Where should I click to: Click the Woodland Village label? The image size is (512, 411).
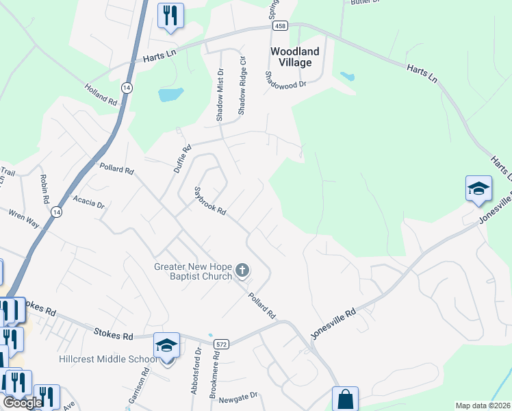(x=295, y=57)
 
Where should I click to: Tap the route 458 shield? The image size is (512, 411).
(x=280, y=25)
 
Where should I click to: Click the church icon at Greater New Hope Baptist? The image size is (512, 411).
(x=242, y=271)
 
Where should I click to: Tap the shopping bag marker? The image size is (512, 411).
(x=346, y=399)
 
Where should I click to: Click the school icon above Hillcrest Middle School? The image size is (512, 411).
(x=167, y=345)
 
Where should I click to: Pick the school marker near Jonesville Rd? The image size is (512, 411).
(x=478, y=188)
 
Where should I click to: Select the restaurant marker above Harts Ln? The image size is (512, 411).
(x=170, y=15)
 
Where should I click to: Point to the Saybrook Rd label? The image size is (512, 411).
(x=210, y=201)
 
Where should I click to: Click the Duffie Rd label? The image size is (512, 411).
(x=181, y=158)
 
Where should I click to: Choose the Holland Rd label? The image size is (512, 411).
(x=101, y=94)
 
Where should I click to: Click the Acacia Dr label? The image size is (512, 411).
(x=90, y=205)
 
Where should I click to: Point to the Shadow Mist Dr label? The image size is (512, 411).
(x=220, y=95)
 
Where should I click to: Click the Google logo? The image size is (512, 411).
(x=23, y=403)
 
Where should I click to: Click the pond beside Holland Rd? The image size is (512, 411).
(x=170, y=95)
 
